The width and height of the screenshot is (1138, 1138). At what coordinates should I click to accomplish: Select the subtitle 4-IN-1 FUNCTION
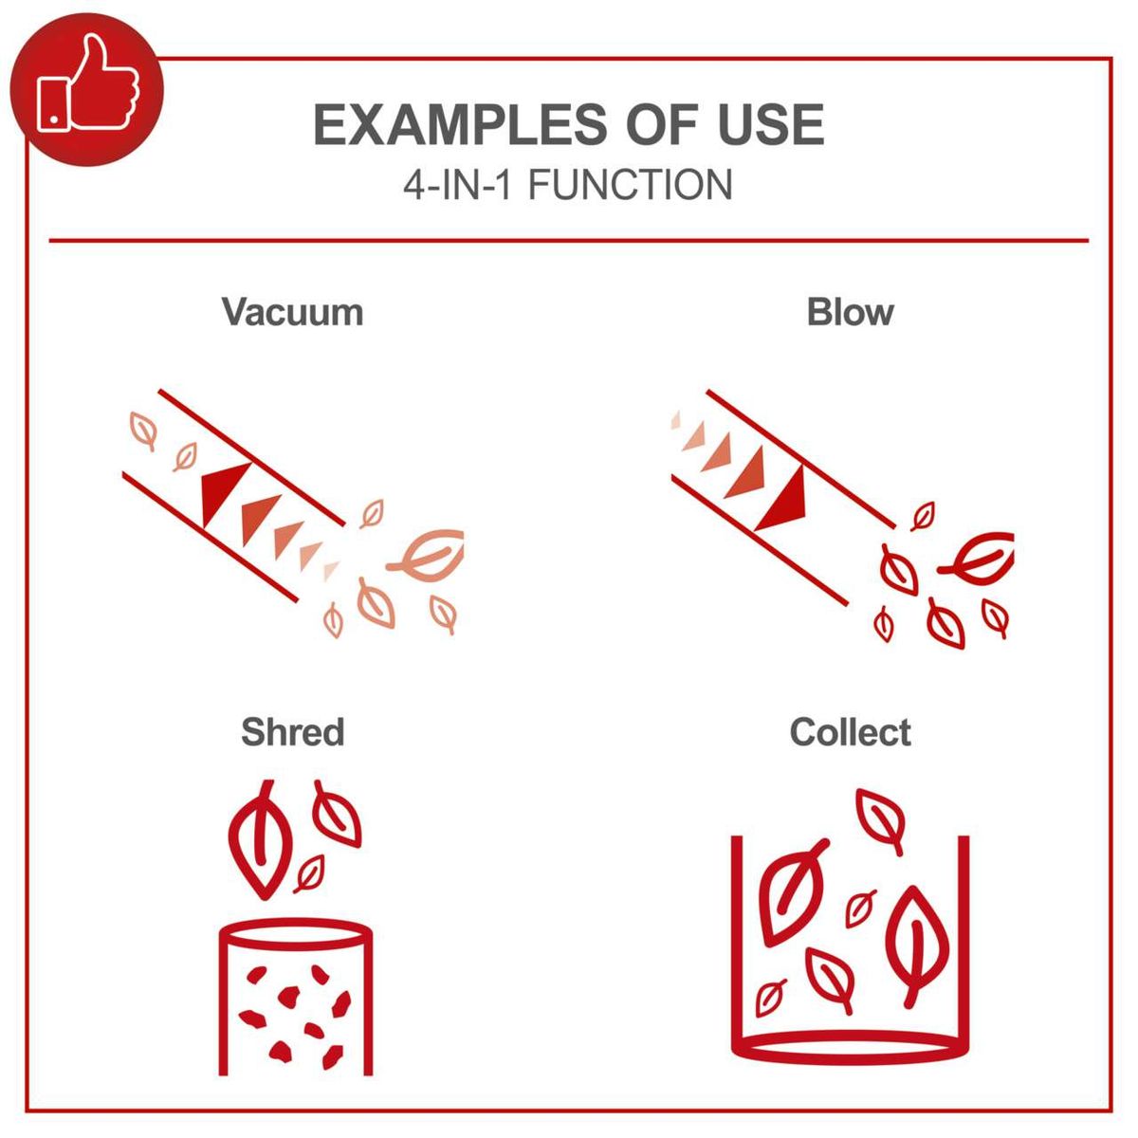(568, 185)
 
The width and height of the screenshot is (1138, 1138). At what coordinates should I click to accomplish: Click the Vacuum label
(292, 312)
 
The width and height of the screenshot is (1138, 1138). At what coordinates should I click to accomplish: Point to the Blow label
(850, 312)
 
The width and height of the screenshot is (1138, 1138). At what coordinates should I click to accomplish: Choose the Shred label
(292, 732)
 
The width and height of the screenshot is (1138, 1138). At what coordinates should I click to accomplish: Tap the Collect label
(850, 732)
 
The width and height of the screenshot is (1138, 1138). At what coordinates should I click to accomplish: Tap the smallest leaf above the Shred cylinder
(309, 873)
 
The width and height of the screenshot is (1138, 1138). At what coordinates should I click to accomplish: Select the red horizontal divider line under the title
(568, 241)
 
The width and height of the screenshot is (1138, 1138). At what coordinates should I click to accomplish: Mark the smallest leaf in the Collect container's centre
(861, 907)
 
